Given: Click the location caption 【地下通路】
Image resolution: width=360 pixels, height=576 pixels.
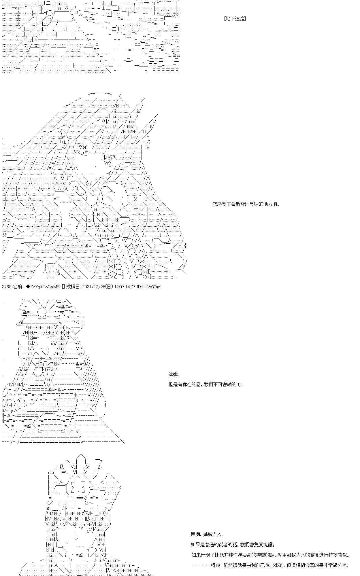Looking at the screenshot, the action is [235, 19].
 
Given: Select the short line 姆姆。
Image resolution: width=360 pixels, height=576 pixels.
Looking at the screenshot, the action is [175, 374].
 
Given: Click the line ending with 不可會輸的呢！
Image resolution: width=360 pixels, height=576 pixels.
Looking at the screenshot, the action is [206, 384].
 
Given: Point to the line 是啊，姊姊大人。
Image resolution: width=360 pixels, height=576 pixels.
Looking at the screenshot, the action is [207, 534].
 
